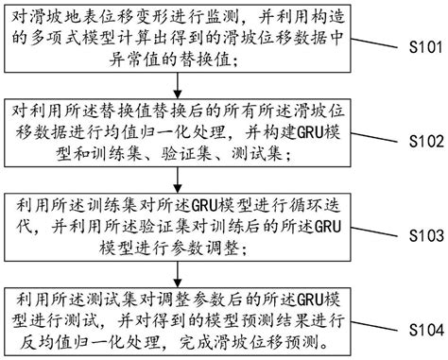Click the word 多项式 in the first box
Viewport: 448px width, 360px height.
point(65,40)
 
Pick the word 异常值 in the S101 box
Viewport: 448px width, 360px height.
point(46,61)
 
